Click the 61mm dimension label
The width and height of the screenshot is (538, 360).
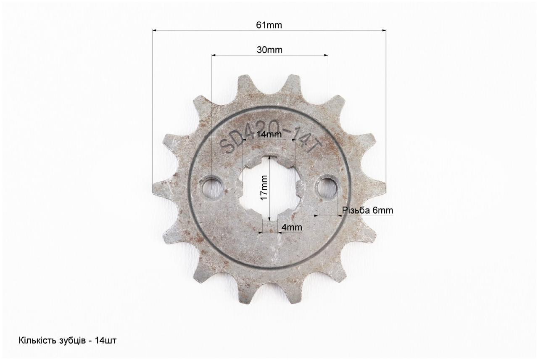pyautogui.click(x=269, y=25)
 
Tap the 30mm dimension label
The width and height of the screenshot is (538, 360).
pyautogui.click(x=269, y=50)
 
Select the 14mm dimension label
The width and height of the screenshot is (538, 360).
pyautogui.click(x=269, y=134)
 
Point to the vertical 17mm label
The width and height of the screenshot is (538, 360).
pyautogui.click(x=264, y=188)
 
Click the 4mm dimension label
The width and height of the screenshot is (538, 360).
pyautogui.click(x=292, y=227)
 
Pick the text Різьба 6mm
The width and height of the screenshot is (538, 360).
pyautogui.click(x=367, y=210)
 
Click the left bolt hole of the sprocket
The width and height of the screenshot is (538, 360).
pyautogui.click(x=211, y=188)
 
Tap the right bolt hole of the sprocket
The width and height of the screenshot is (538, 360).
pyautogui.click(x=327, y=188)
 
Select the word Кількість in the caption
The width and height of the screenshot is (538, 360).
pyautogui.click(x=37, y=340)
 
